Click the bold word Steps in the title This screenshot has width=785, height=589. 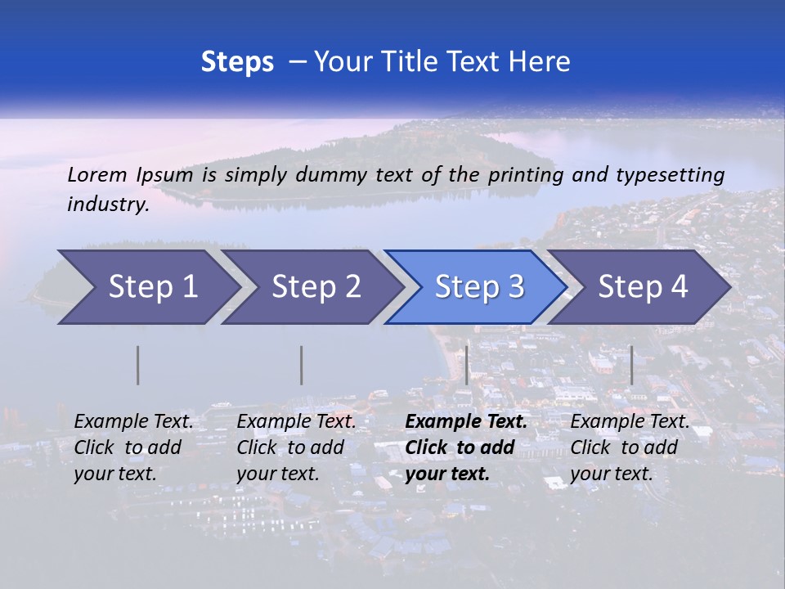tap(237, 62)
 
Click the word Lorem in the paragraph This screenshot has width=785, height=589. tap(97, 175)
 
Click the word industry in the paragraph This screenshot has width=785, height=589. tap(107, 205)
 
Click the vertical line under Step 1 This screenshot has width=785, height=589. tap(138, 365)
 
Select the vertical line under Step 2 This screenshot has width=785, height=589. tap(302, 365)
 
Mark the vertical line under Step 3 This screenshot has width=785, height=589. tap(466, 365)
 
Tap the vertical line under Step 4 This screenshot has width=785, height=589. tap(631, 365)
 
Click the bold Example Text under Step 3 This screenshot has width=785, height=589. tap(466, 422)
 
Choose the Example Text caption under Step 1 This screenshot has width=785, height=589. tap(133, 422)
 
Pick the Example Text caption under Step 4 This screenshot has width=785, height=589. tap(630, 422)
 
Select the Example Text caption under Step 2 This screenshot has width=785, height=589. tap(296, 422)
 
